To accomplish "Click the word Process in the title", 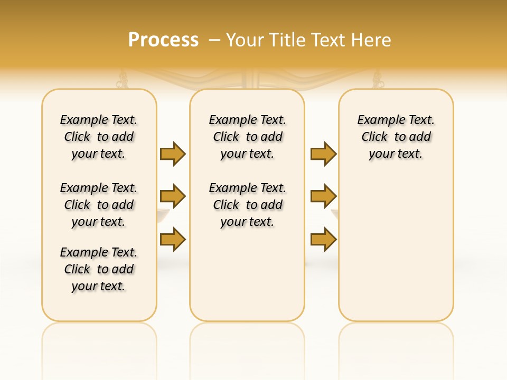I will click(x=163, y=40).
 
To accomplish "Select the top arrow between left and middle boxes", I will click(x=173, y=154).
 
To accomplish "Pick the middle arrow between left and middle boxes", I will click(x=173, y=196).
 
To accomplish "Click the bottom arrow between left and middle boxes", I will click(x=173, y=239).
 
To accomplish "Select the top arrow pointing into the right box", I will click(x=323, y=154).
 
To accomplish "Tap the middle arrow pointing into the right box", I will click(x=323, y=196).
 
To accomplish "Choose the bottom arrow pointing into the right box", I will click(x=323, y=239).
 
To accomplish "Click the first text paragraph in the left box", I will click(x=99, y=137).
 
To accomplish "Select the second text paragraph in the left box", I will click(x=99, y=205).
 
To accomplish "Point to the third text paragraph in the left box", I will click(x=99, y=269).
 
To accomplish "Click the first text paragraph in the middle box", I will click(x=247, y=137).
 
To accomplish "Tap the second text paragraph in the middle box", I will click(x=247, y=205).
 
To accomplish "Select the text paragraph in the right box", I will click(x=396, y=137).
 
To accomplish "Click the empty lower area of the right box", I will click(x=396, y=248).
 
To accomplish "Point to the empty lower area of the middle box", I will click(x=247, y=274).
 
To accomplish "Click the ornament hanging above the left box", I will click(x=123, y=80).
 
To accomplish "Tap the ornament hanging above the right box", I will click(x=378, y=80).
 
